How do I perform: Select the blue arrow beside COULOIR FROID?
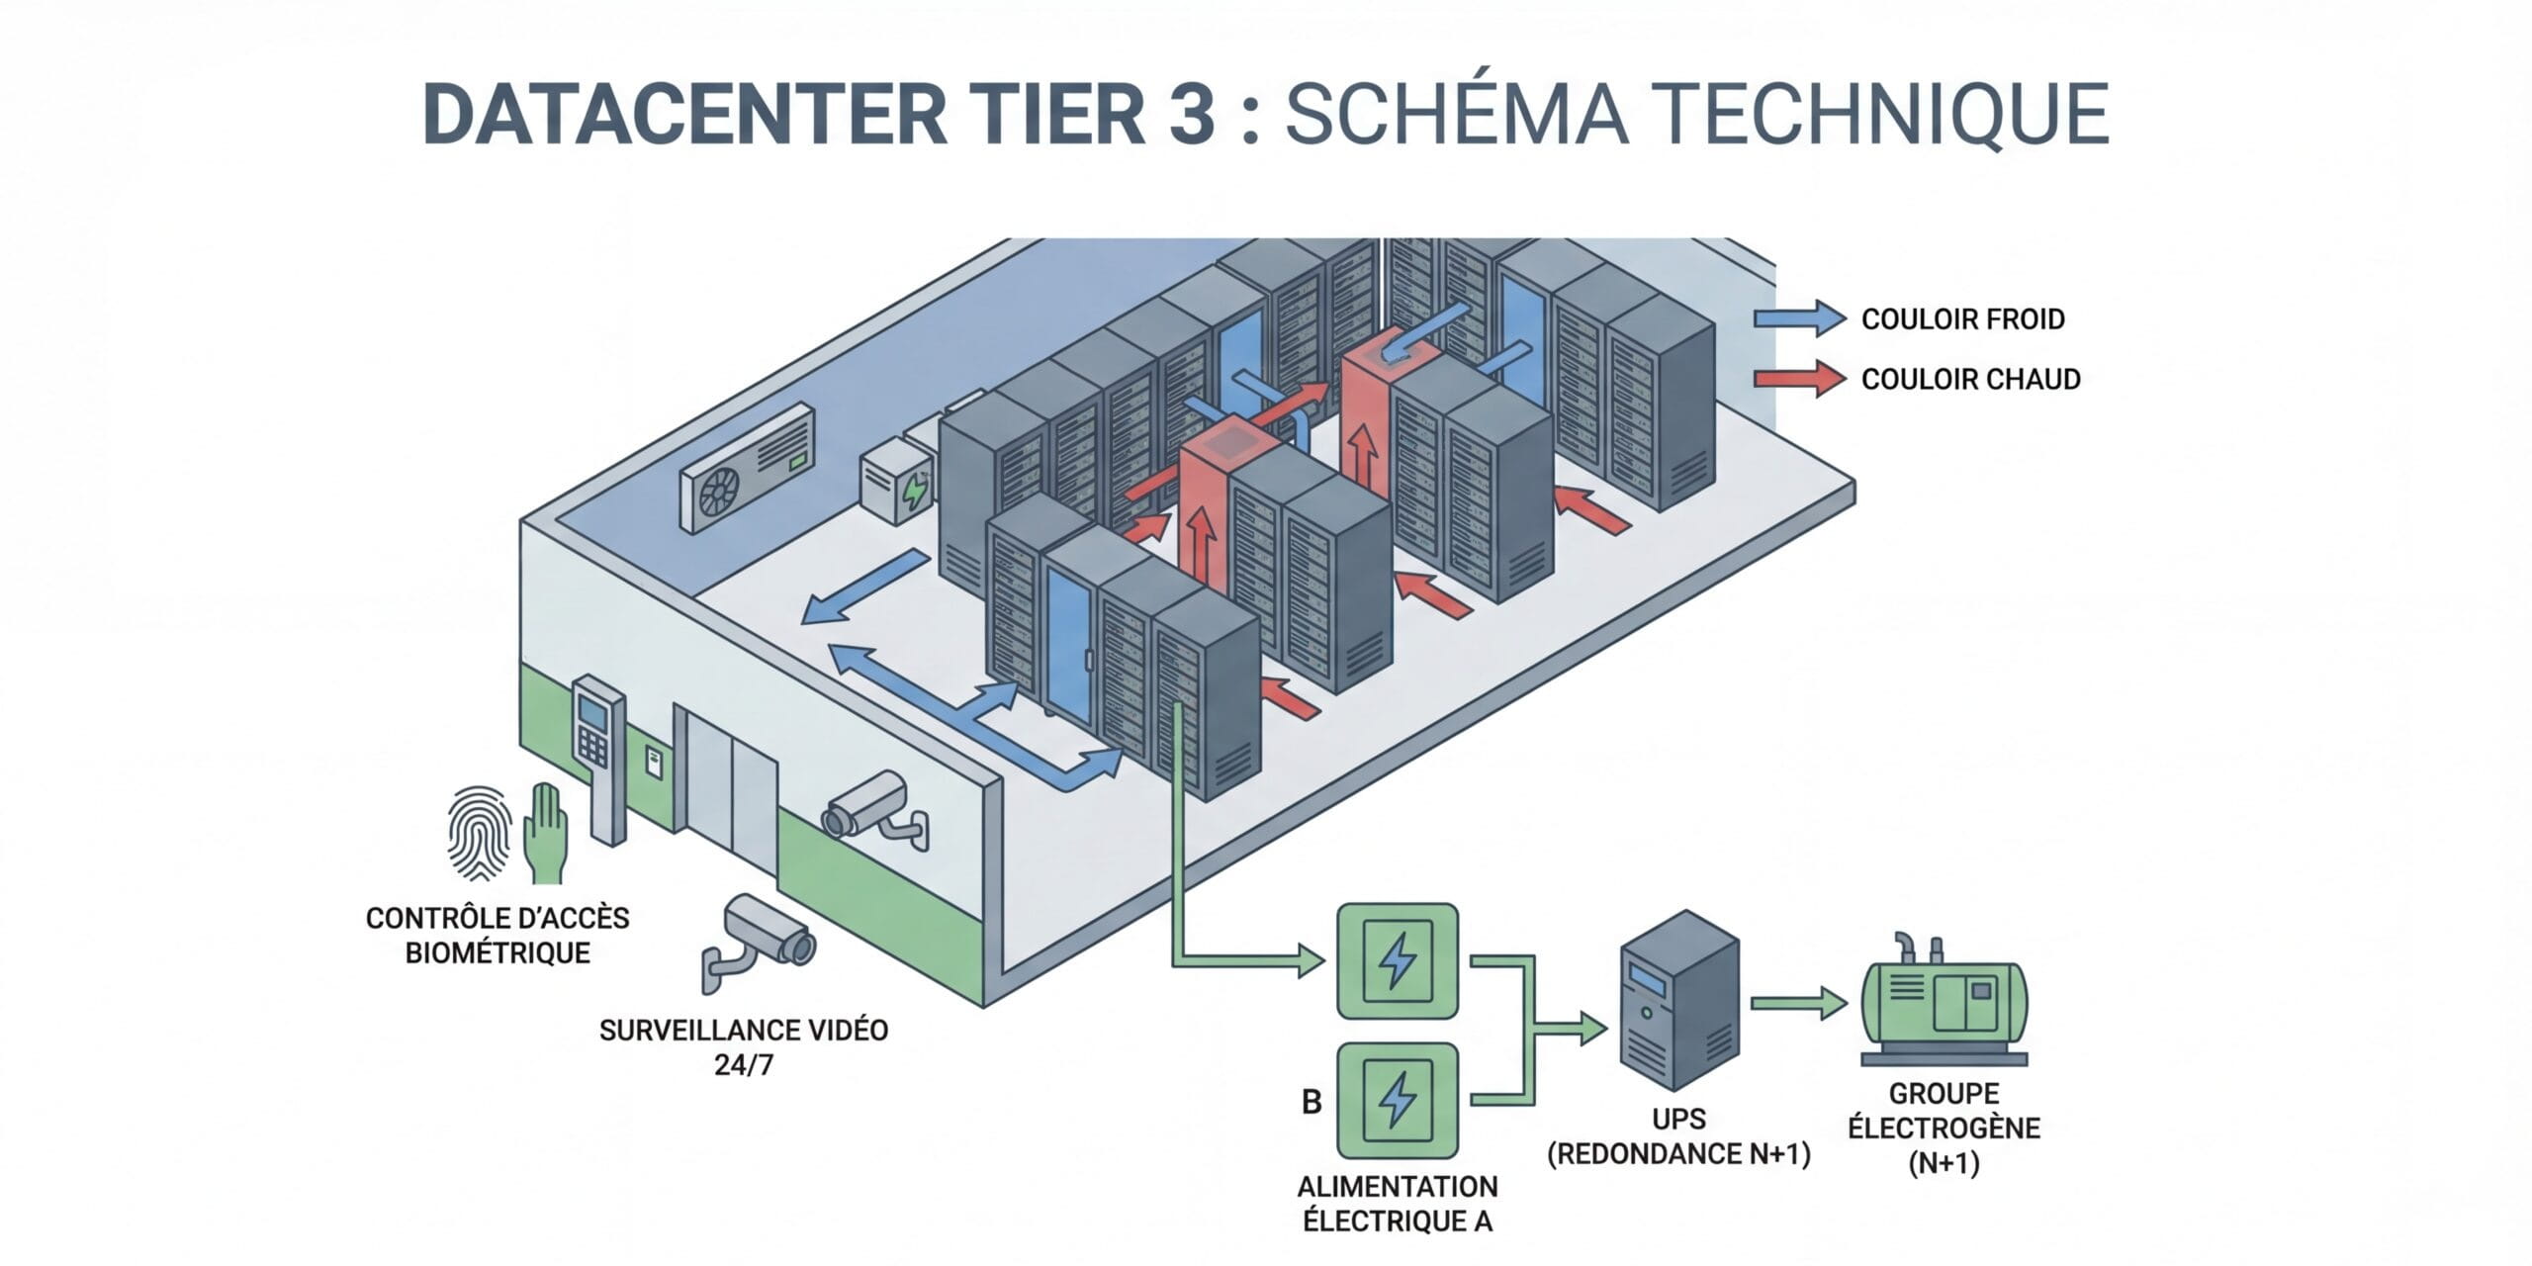click(1799, 318)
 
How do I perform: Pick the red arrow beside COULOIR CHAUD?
click(1799, 379)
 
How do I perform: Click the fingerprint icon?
click(480, 833)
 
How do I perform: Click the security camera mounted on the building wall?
click(870, 809)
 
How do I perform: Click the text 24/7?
click(743, 1065)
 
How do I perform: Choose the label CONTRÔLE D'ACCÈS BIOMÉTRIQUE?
click(497, 935)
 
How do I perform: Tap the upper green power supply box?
click(1397, 960)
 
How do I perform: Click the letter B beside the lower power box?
click(1311, 1101)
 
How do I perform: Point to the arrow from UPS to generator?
click(1798, 1004)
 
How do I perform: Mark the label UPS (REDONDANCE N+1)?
click(1678, 1136)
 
